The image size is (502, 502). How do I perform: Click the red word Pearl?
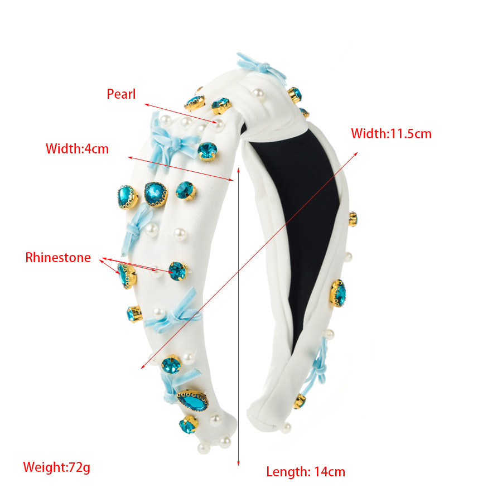[x=121, y=94]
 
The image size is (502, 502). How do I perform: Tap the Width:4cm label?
[x=77, y=149]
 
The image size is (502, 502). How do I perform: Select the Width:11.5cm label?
[x=391, y=133]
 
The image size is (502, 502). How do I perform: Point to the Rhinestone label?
[x=58, y=257]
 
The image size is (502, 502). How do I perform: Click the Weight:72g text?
[x=57, y=467]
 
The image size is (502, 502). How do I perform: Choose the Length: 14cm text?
[x=306, y=472]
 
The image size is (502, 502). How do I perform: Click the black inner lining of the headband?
[x=304, y=224]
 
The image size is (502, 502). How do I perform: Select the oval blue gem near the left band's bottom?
[x=193, y=400]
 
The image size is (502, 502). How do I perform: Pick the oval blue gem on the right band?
[x=338, y=293]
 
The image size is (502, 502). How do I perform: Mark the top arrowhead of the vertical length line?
[x=239, y=168]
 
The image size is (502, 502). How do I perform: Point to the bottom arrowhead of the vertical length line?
[x=239, y=464]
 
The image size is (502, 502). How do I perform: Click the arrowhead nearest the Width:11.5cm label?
[x=356, y=154]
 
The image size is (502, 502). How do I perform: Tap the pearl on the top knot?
[x=258, y=94]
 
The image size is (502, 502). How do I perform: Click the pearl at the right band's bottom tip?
[x=286, y=428]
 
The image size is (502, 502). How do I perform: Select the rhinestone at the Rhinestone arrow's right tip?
[x=178, y=271]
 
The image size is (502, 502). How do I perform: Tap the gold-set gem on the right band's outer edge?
[x=353, y=219]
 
